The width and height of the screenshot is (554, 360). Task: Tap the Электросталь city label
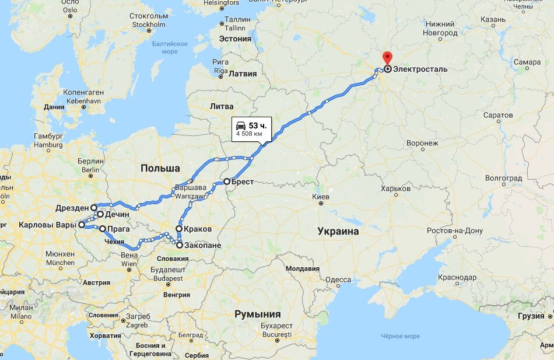420,69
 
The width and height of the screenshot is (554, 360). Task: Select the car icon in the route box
240,125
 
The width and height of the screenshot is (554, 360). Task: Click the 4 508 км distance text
249,134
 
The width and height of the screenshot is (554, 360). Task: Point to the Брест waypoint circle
227,181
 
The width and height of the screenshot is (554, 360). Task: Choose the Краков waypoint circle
180,229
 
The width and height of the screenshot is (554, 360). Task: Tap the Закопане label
202,246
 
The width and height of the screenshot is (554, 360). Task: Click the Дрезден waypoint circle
94,207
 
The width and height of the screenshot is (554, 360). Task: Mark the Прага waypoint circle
103,229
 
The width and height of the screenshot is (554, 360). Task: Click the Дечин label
117,215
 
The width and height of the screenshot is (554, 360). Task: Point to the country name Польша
160,168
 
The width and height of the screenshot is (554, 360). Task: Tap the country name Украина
338,231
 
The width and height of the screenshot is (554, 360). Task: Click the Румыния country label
257,314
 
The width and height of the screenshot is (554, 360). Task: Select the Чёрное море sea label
400,336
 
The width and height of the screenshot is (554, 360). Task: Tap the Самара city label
528,62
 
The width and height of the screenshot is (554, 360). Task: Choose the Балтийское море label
170,47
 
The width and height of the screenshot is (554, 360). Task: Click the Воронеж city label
422,143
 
